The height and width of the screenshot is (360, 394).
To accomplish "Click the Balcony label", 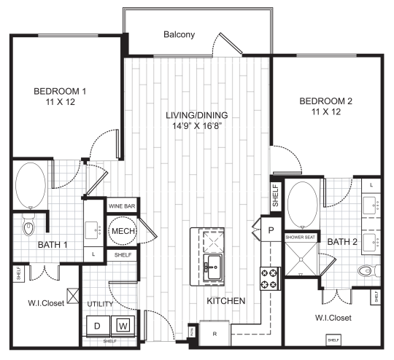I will pos(179,34).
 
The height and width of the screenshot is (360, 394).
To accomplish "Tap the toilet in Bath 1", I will pos(29,227).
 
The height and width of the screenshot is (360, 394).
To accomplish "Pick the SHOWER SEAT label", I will pos(299,237).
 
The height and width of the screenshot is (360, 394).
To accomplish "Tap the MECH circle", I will pos(120,232).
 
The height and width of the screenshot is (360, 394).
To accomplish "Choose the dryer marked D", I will pos(97,324).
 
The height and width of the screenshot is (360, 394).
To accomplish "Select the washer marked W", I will pos(123,324).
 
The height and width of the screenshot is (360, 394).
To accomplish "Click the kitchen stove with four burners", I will pos(269,277).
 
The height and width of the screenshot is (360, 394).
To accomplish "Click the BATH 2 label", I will pos(341,241).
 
